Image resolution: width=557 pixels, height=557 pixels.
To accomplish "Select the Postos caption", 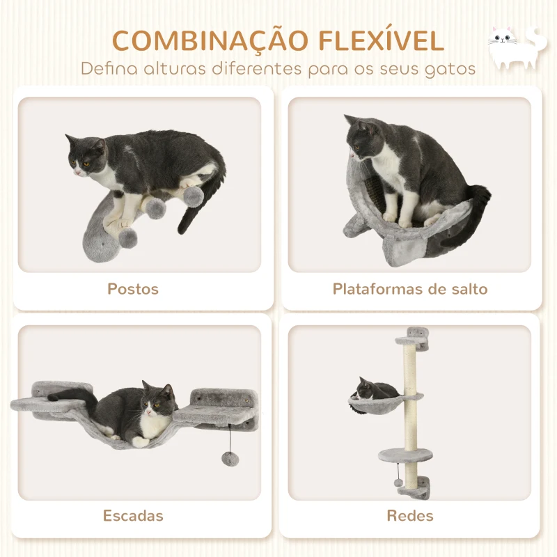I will coord(133,288).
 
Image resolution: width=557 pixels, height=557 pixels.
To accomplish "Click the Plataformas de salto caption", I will coord(409,288).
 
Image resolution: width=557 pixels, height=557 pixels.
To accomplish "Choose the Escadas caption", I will coord(133,516).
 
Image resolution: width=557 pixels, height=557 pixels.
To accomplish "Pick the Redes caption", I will coord(409,516).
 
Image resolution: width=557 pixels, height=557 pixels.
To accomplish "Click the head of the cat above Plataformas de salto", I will coord(364,139).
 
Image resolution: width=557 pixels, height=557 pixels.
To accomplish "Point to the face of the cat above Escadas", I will coord(158,401).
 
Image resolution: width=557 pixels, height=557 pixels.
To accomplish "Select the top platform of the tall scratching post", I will coord(412,340).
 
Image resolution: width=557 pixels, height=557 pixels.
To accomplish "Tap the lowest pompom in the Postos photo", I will coord(127,239).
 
